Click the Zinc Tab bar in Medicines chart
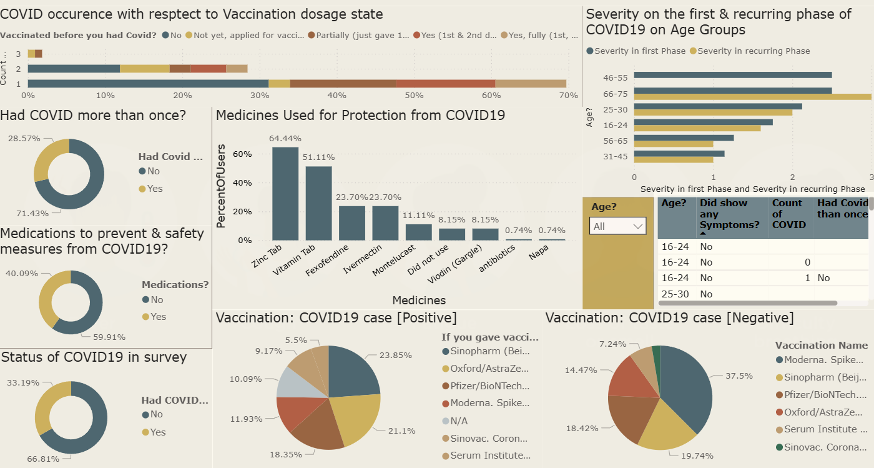click(285, 193)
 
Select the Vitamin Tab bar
click(318, 203)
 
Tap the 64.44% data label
click(285, 138)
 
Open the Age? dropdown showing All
click(618, 226)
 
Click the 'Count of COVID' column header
click(788, 214)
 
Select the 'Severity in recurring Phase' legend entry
click(754, 51)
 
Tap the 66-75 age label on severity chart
click(616, 94)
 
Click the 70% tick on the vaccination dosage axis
click(568, 96)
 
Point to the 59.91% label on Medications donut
click(109, 337)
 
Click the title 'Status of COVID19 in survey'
click(94, 357)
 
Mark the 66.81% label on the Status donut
click(42, 459)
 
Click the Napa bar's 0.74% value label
click(552, 230)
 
